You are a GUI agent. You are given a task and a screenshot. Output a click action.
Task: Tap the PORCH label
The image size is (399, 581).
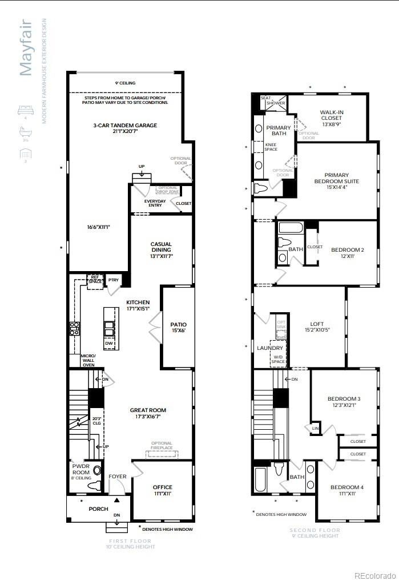coord(98,509)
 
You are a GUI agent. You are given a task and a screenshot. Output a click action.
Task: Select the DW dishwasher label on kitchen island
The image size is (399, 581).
coord(108,343)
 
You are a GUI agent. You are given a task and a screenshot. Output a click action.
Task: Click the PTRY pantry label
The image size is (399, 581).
coord(113,280)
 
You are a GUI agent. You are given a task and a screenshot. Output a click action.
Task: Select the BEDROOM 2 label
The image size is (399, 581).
coord(347,253)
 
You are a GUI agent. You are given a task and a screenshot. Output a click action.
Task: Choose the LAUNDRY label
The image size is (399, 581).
coord(270,348)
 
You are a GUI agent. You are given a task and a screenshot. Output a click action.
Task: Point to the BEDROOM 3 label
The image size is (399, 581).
coord(344,402)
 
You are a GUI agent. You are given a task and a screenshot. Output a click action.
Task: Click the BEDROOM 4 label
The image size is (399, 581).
coord(347,490)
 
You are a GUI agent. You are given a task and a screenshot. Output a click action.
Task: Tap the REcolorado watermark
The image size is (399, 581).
coord(374,574)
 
